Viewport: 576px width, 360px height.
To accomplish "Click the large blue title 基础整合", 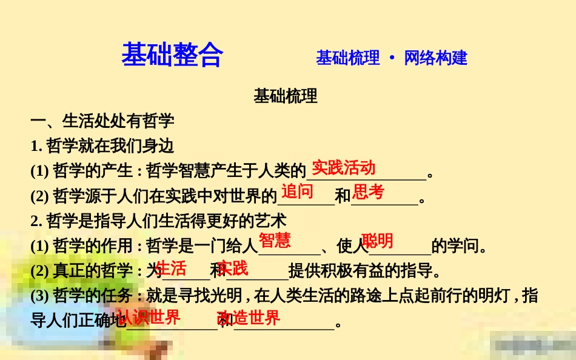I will (172, 55).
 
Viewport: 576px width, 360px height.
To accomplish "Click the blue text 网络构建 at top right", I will (435, 58).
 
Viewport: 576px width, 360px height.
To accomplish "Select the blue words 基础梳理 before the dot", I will (347, 58).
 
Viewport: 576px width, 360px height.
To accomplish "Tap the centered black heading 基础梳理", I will (286, 96).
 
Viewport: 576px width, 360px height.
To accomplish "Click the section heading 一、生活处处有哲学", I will (102, 121).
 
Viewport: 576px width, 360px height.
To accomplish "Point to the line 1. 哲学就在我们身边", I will (102, 146).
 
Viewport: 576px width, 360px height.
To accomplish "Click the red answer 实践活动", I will (344, 168).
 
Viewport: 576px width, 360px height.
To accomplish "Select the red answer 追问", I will (297, 192).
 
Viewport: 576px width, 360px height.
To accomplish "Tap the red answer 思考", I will (369, 192).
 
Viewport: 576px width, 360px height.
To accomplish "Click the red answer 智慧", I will (275, 241).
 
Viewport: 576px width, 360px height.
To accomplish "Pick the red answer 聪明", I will (377, 241).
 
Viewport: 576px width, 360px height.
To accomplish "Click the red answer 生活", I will (171, 268).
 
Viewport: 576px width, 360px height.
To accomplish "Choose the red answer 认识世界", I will (149, 317).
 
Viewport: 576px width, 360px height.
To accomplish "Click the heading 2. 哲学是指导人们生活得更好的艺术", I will (158, 221).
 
